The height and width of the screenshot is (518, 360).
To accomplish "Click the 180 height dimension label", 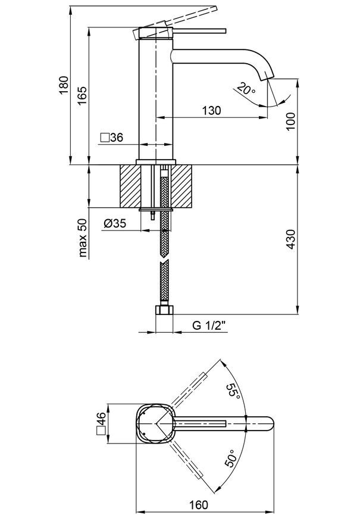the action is [x=64, y=85].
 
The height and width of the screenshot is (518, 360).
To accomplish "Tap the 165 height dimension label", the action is [x=82, y=95].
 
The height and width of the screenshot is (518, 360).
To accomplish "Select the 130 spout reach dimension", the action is [x=211, y=110].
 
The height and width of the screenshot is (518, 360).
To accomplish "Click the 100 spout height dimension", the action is [x=290, y=121].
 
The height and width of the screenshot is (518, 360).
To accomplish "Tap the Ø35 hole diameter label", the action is [x=115, y=224].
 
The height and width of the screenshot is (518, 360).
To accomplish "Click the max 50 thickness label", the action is [x=83, y=238].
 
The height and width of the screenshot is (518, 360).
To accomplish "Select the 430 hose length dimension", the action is [x=290, y=239].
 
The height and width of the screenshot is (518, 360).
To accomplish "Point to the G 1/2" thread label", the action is [x=209, y=326].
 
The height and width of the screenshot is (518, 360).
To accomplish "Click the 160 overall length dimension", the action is [x=199, y=505].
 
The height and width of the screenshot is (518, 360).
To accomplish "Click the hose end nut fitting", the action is [x=164, y=310].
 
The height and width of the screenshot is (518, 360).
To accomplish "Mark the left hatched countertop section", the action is [x=130, y=186].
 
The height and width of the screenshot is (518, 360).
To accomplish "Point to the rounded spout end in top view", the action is [x=270, y=424].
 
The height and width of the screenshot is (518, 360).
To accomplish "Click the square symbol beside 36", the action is [x=105, y=138].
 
